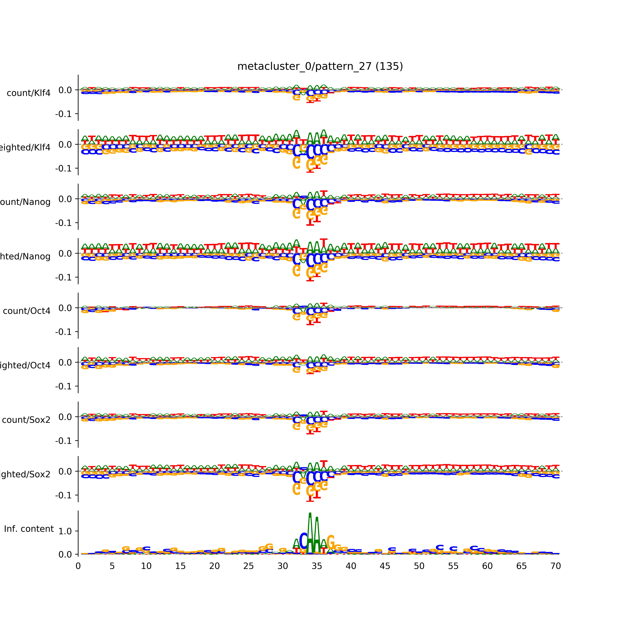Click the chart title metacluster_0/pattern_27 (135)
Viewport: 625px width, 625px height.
click(320, 66)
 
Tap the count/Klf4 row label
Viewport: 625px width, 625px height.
click(28, 93)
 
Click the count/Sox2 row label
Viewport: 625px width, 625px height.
click(26, 420)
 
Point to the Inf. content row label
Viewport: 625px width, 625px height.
click(29, 529)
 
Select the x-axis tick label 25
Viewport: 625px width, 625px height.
click(248, 566)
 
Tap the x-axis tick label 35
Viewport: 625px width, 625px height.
click(317, 566)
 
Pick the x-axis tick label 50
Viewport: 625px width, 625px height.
click(419, 566)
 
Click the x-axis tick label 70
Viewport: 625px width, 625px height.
click(555, 566)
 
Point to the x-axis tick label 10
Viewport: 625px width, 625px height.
click(146, 566)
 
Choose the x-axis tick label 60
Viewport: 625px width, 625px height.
click(487, 566)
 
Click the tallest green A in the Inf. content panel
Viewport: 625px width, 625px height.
click(310, 534)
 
